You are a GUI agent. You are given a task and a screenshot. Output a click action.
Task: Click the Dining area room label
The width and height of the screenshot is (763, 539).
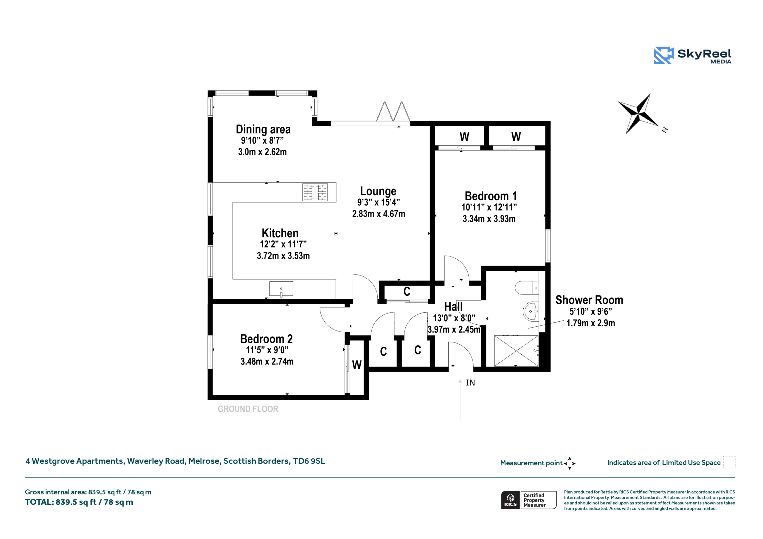click(263, 129)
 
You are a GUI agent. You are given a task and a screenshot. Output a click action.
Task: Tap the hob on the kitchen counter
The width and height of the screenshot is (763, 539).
click(315, 192)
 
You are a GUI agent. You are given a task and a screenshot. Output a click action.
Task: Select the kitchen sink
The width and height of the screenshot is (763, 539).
click(281, 289)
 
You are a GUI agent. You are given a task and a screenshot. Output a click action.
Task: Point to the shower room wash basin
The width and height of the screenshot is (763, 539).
click(531, 311)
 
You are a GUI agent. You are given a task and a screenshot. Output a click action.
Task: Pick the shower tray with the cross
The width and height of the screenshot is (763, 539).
click(516, 351)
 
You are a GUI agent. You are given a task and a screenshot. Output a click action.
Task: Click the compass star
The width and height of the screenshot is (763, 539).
click(638, 113)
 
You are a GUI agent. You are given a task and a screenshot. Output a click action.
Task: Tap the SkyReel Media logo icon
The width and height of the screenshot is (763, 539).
click(664, 55)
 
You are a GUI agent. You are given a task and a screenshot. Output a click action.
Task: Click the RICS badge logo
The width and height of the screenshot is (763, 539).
click(510, 500)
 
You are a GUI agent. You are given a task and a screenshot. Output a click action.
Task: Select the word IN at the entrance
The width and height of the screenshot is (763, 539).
click(470, 383)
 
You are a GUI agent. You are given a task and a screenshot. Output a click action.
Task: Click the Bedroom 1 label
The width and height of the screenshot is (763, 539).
click(491, 196)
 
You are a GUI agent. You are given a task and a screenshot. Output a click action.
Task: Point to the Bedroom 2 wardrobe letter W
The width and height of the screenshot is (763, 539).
click(356, 365)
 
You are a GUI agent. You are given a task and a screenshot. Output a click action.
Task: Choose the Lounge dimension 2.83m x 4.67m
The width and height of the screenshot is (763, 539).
click(379, 214)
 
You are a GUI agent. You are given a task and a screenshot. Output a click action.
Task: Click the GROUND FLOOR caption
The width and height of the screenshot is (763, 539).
click(248, 409)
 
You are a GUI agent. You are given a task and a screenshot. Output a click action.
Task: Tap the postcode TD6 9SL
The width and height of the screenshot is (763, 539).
click(309, 461)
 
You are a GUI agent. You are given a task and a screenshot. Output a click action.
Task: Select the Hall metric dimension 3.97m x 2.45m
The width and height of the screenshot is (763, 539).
click(454, 329)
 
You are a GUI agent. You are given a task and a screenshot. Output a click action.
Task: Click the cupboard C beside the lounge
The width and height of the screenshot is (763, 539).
click(407, 292)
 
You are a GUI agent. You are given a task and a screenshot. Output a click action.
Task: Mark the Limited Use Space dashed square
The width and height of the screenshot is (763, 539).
click(729, 462)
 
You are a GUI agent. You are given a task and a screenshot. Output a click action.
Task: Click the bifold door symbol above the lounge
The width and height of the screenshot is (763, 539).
click(393, 111)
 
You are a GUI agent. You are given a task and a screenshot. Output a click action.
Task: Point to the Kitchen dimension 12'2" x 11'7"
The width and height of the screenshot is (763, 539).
click(283, 244)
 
